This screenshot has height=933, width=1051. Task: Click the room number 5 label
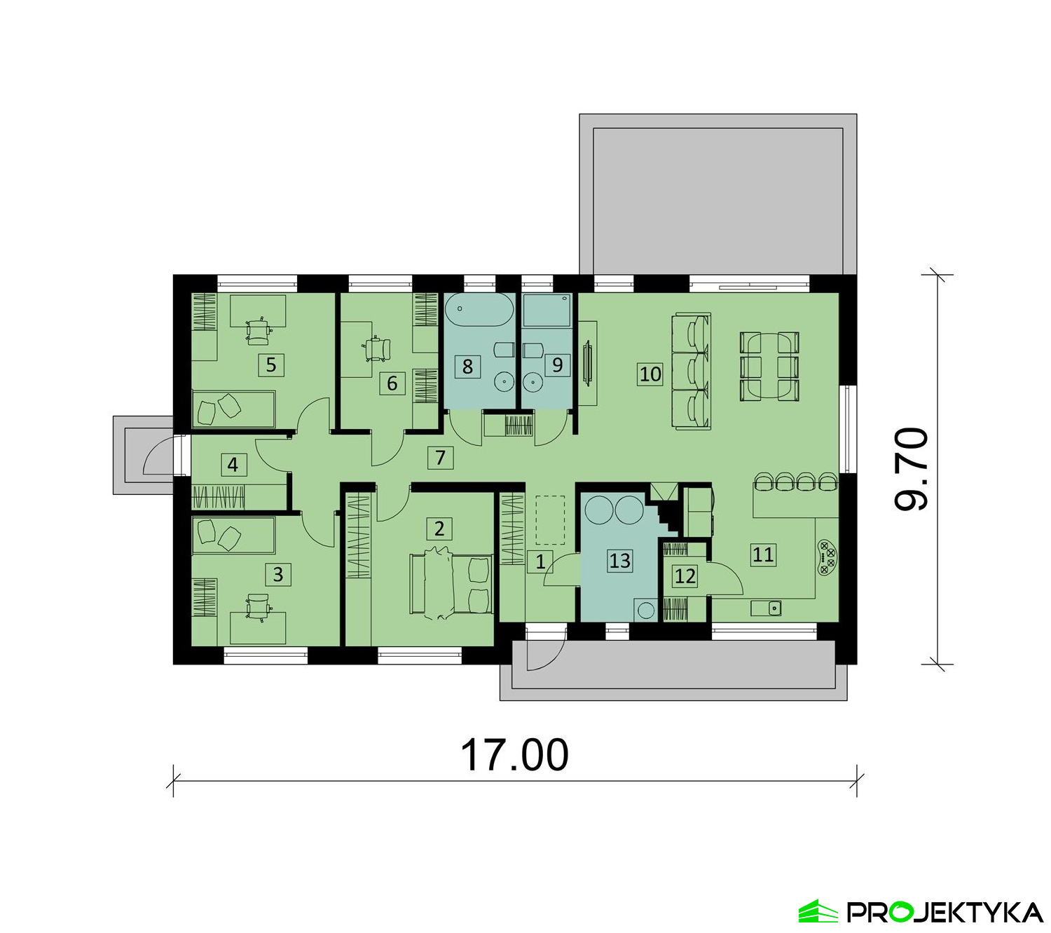[270, 365]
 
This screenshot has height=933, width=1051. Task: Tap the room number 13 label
[619, 560]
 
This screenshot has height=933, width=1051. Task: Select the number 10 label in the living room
[650, 374]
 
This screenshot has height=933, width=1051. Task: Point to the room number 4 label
[233, 465]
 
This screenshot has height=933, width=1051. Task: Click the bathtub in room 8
[479, 310]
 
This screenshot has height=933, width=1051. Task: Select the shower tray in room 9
[547, 311]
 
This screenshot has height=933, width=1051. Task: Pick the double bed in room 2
[451, 584]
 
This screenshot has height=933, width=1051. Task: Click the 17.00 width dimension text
[514, 756]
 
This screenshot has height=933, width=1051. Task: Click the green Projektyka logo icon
[818, 911]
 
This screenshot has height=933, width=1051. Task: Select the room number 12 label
[685, 576]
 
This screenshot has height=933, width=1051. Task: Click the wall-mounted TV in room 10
[589, 362]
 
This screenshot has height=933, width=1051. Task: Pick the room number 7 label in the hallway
[440, 458]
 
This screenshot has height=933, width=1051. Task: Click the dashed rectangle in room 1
[550, 520]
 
